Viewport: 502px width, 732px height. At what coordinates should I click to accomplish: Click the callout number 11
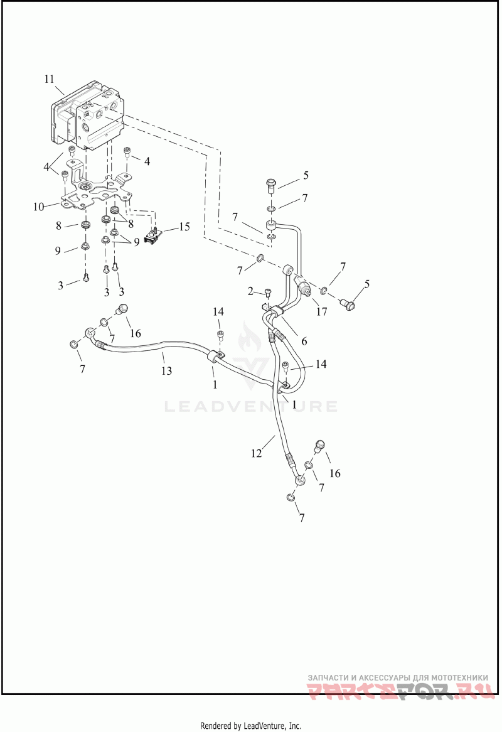50,79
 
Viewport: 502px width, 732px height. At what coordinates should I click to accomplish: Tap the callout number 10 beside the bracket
39,207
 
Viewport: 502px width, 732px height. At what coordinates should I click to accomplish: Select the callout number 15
184,227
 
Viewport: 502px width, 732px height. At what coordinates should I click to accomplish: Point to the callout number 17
322,311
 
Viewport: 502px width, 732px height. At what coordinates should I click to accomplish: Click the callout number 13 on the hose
166,370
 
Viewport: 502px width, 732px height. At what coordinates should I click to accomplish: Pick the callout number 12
257,453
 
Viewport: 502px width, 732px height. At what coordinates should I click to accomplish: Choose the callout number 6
304,342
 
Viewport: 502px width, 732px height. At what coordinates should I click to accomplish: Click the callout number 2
250,291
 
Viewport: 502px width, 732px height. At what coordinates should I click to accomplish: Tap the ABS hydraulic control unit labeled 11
88,115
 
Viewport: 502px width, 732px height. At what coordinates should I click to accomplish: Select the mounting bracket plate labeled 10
95,190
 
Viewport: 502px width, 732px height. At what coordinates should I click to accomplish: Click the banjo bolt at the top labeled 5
270,184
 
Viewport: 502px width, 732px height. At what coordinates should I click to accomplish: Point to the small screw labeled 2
268,293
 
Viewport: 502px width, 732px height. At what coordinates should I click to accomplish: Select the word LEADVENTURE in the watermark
250,406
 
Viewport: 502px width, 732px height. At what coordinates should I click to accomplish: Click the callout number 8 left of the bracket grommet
58,226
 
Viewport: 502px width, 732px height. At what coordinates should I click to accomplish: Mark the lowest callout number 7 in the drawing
302,517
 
